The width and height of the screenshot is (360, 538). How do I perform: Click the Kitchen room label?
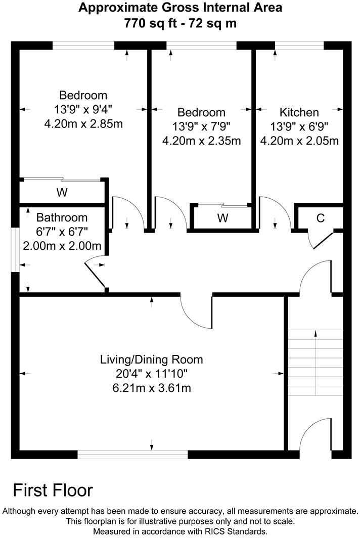pos(299,112)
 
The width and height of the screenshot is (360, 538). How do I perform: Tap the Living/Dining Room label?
pos(151,360)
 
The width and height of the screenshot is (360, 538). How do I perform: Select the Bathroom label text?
pos(62,218)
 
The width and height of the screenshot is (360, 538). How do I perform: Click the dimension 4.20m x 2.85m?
pos(83,123)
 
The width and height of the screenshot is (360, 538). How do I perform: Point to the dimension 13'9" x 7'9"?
pos(201,126)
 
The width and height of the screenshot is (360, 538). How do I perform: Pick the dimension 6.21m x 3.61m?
pos(151,388)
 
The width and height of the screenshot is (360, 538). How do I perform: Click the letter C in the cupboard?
pos(320,218)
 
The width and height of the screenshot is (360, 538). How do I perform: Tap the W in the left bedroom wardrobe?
pos(62,193)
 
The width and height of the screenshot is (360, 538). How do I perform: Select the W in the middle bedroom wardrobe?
pos(222,218)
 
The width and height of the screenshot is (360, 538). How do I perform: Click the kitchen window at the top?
pos(299,47)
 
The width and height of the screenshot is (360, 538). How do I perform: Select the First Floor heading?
pos(53,490)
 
